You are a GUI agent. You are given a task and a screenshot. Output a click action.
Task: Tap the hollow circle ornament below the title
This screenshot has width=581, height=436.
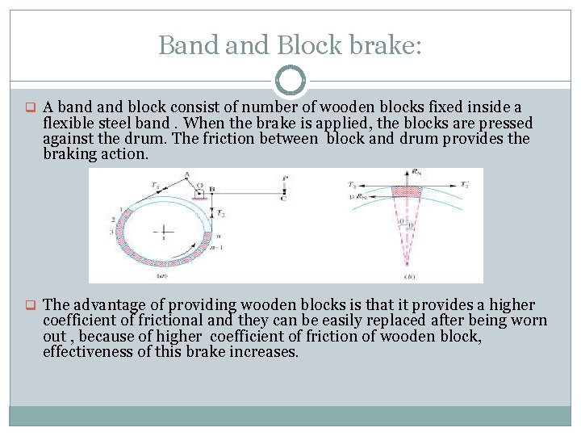click(290, 82)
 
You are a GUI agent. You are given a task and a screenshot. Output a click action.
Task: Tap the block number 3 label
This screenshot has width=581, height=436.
click(111, 232)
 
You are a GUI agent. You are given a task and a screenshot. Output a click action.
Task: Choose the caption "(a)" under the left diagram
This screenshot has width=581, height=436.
click(164, 275)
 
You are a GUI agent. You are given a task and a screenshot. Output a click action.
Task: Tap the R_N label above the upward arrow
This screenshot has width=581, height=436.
click(416, 172)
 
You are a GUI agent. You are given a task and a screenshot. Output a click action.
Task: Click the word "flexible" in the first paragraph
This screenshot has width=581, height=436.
click(71, 123)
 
